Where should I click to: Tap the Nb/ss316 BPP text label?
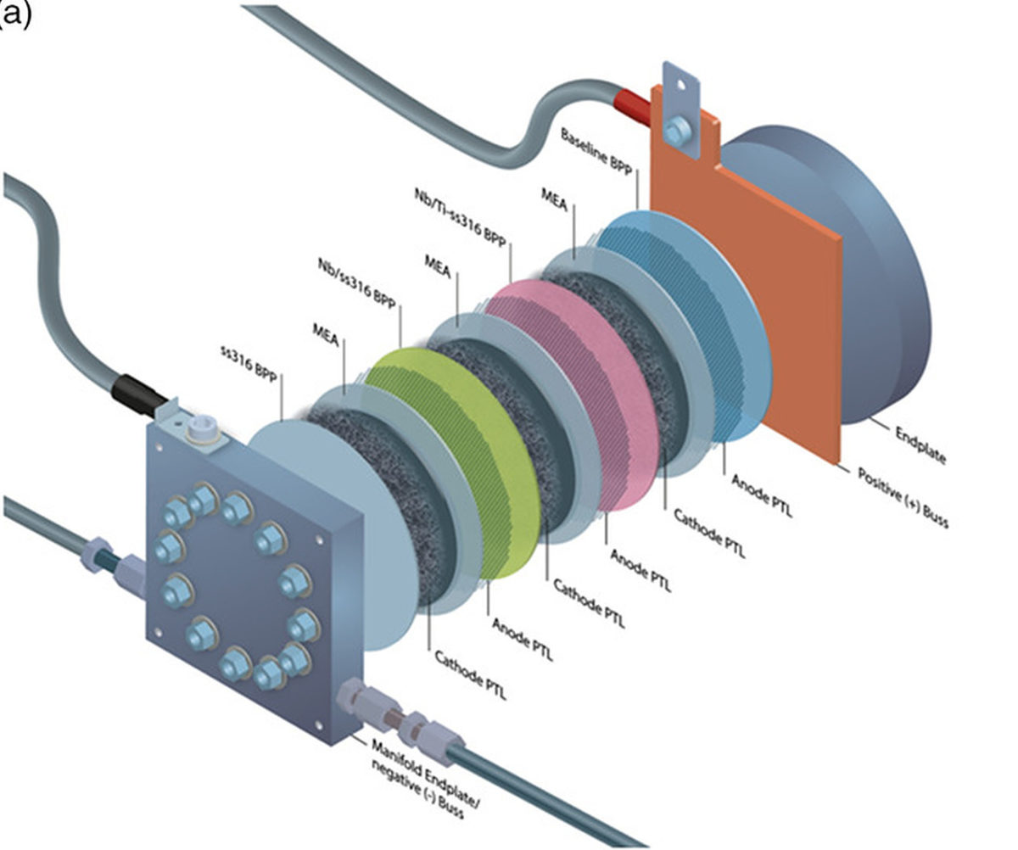[x=357, y=284]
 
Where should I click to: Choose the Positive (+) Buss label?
[x=900, y=496]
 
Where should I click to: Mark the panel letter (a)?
[x=15, y=14]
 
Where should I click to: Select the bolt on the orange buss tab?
[x=677, y=131]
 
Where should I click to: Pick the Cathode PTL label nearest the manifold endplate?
[x=471, y=675]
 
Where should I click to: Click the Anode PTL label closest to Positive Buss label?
[x=760, y=495]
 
